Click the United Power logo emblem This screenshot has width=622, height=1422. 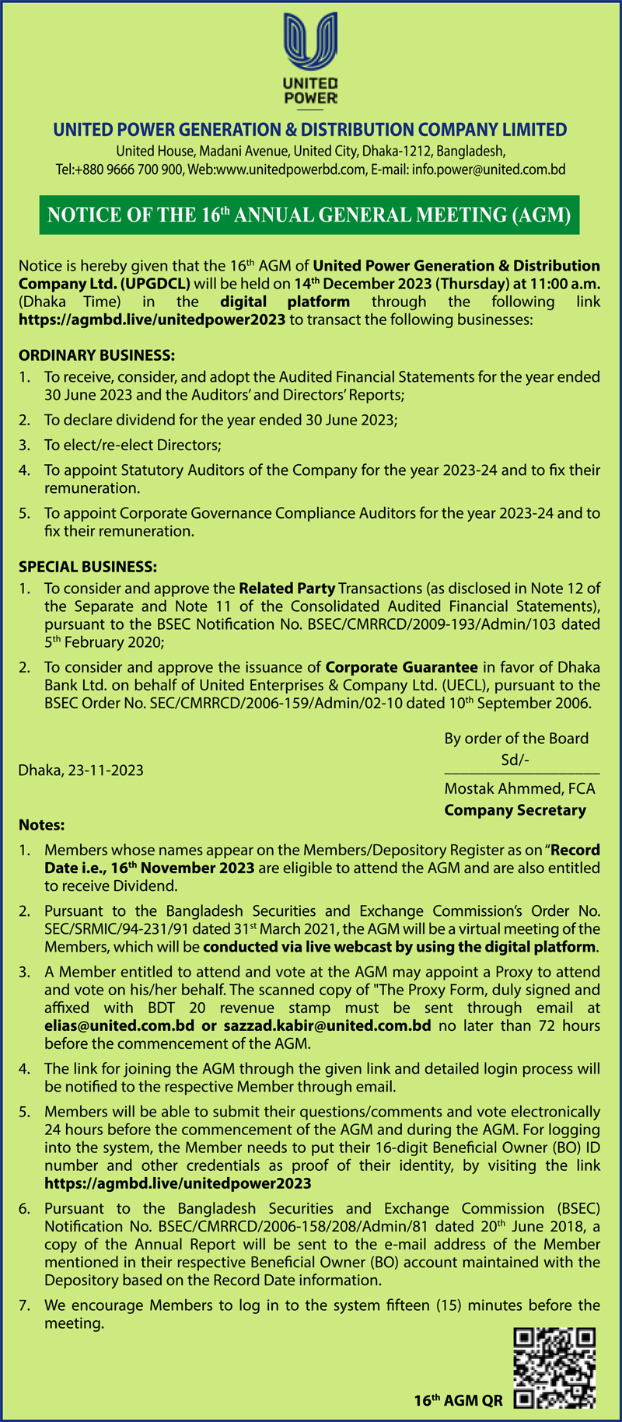tap(311, 44)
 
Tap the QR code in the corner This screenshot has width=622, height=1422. tap(554, 1368)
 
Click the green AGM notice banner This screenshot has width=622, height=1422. tap(310, 215)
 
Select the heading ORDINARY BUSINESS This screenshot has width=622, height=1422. tap(97, 355)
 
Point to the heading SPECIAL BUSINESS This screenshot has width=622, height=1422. tap(88, 567)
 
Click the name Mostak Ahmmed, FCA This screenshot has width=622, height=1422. tap(519, 789)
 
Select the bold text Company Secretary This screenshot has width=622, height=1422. tap(515, 810)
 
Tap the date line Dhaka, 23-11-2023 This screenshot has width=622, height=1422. tap(81, 770)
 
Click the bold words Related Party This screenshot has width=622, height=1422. tap(287, 589)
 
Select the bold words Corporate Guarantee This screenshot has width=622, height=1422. tap(401, 667)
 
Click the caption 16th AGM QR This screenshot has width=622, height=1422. tap(458, 1401)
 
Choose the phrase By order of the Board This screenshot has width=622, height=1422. tap(516, 739)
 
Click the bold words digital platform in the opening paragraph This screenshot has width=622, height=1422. tap(285, 302)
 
